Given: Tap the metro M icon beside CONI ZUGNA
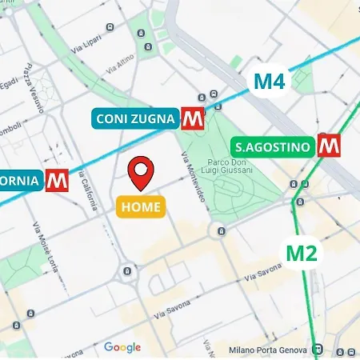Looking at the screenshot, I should (x=192, y=118).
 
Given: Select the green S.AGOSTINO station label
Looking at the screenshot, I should (x=272, y=146).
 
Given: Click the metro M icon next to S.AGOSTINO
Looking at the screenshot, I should (x=326, y=146).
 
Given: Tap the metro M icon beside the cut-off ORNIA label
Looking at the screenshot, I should (x=56, y=180).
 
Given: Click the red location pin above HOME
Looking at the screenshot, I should (x=142, y=174).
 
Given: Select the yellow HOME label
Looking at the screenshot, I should (x=142, y=206).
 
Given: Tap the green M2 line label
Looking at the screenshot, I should (x=302, y=253).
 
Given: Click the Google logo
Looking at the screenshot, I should (x=122, y=347).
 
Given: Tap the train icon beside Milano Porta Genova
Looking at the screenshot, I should (x=318, y=349).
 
